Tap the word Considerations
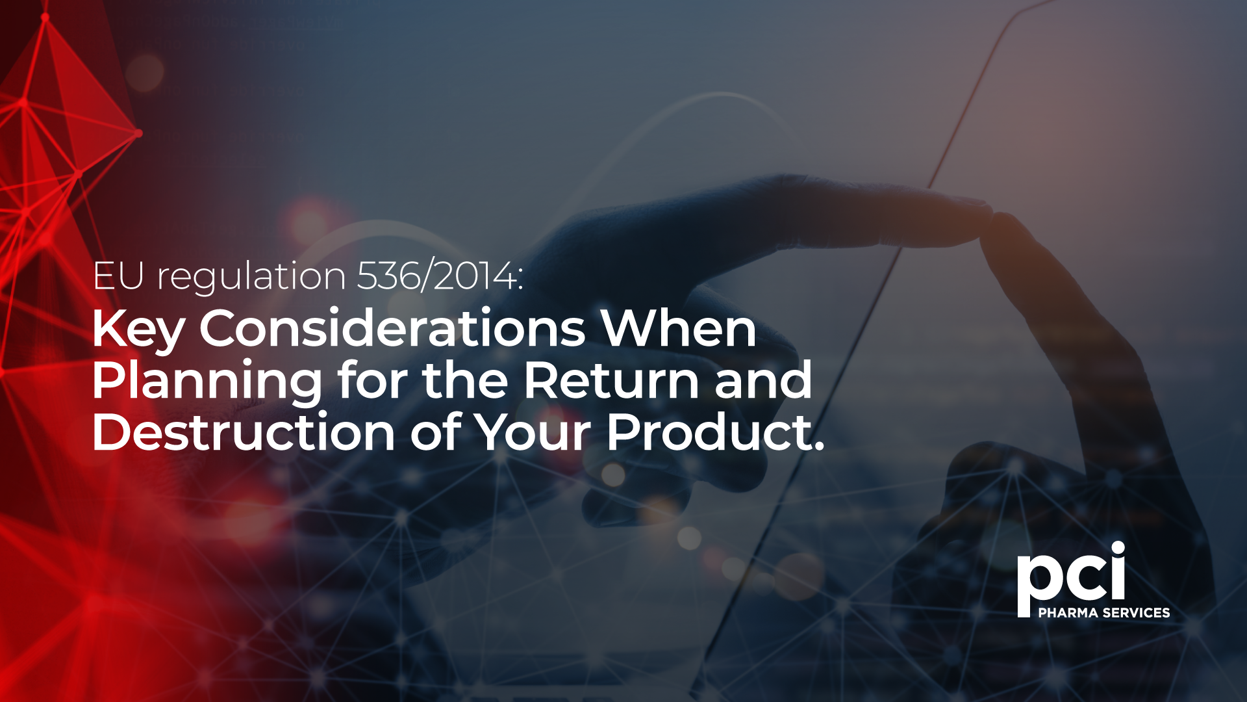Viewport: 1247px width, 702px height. pos(392,328)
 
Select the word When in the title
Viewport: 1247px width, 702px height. pos(678,328)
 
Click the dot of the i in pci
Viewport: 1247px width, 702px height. pos(1117,549)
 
